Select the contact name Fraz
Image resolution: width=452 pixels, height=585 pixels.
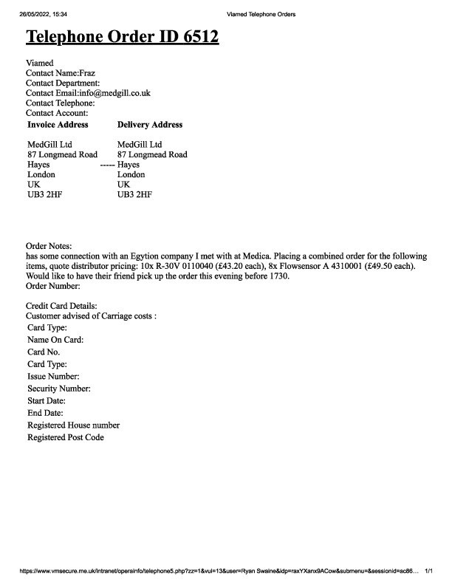click(87, 73)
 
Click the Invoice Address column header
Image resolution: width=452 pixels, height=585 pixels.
click(58, 125)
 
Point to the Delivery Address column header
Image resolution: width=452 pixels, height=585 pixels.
click(150, 125)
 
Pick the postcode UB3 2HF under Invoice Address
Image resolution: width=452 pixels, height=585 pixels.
click(45, 195)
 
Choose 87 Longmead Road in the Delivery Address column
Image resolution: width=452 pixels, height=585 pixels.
click(152, 155)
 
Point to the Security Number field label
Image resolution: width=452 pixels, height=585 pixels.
click(59, 389)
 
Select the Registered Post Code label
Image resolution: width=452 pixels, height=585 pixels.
click(66, 438)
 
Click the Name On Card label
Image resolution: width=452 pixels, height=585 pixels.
click(55, 340)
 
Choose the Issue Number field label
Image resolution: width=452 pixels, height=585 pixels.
click(53, 377)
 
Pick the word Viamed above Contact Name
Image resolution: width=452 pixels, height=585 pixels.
click(40, 63)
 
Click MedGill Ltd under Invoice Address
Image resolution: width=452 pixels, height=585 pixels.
click(50, 145)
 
